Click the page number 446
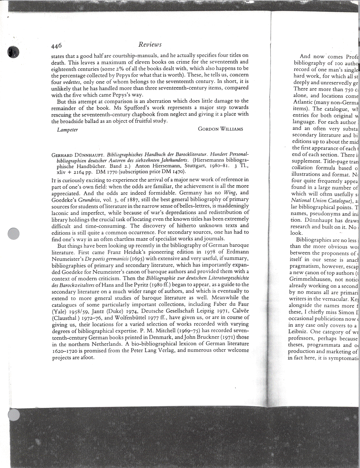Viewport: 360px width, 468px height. tap(56, 46)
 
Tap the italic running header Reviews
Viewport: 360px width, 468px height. tap(150, 45)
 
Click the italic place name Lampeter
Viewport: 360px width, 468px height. tap(67, 130)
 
